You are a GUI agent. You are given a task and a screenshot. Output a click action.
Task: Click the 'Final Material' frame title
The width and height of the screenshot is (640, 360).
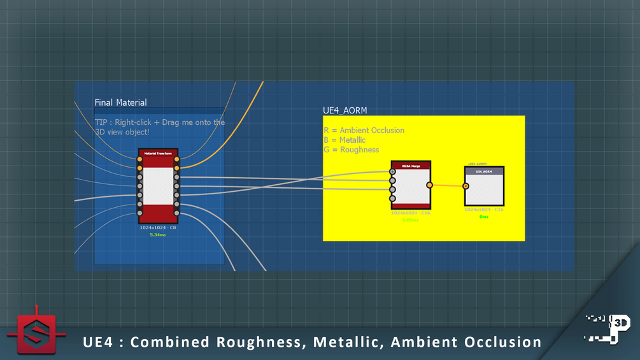(120, 103)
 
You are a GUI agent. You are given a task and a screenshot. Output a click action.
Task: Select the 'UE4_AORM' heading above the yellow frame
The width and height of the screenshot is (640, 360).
(345, 111)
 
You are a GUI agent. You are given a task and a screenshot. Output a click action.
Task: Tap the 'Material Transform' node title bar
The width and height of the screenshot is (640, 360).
(159, 154)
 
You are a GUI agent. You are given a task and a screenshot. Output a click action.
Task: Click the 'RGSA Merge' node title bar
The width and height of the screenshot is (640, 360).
(411, 165)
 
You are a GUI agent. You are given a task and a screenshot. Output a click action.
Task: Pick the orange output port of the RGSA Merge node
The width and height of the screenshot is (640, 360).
(430, 185)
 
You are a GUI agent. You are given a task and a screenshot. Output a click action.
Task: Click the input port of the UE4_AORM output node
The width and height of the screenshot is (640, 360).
(466, 186)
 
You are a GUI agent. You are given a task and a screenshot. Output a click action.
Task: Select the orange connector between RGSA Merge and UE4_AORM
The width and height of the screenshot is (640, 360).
(448, 185)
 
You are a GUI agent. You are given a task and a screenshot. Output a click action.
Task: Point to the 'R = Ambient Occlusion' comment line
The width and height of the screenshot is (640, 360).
(364, 131)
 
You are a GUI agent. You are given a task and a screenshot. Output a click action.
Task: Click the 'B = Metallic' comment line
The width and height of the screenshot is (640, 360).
(344, 140)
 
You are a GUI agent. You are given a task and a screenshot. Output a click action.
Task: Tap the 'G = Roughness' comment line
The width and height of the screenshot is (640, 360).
(351, 150)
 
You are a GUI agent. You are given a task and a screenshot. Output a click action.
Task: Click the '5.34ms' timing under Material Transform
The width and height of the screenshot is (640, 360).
(158, 235)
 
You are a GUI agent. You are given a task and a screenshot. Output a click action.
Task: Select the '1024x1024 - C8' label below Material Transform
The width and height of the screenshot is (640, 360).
(158, 227)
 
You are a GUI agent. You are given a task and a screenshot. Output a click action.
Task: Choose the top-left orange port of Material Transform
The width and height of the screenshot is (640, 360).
(139, 159)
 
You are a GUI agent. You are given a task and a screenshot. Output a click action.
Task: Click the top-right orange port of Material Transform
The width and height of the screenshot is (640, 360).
(177, 159)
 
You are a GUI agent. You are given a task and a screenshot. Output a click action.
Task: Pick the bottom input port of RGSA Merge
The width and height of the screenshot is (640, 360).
(393, 198)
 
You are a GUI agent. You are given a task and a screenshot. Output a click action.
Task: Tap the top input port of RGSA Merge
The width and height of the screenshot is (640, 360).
(393, 171)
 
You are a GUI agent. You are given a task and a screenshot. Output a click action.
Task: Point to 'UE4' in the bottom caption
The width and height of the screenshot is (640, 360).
(98, 342)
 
